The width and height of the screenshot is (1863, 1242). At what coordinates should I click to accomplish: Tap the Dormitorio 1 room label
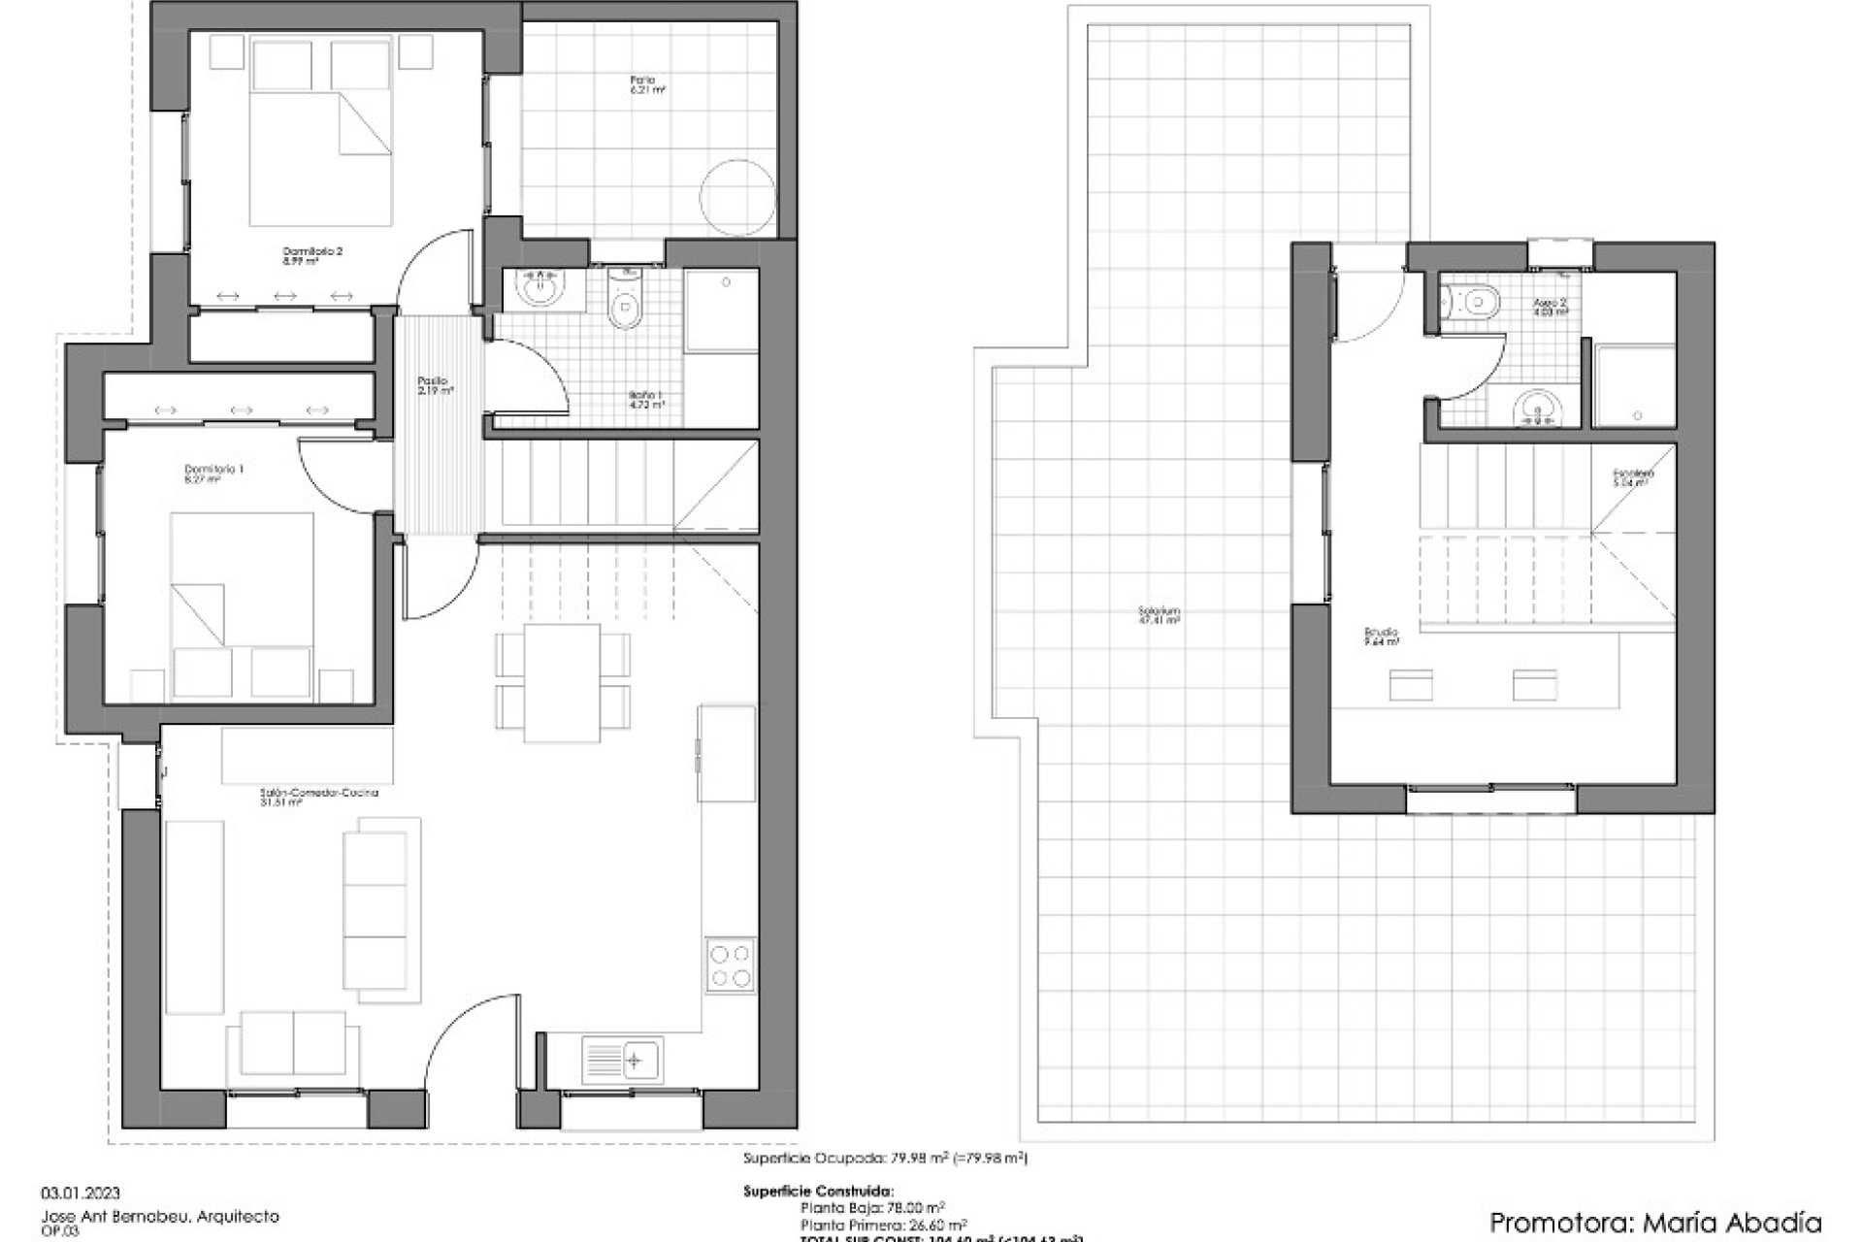[x=213, y=473]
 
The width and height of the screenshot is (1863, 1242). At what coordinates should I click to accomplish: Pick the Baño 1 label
[x=645, y=400]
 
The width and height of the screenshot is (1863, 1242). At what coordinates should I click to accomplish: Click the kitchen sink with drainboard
[x=621, y=1060]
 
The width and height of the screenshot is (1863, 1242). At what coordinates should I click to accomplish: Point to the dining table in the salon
[x=562, y=682]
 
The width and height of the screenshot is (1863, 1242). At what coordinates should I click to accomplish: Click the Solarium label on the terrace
[x=1160, y=615]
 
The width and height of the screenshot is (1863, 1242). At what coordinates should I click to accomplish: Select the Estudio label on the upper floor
[x=1380, y=637]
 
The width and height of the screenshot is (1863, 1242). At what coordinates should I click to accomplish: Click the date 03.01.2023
[x=81, y=1193]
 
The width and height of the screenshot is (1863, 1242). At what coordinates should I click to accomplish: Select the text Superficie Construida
[x=818, y=1192]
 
